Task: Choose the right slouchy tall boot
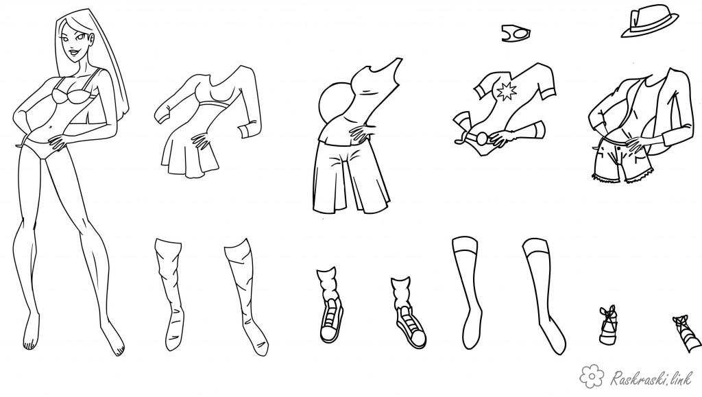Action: pyautogui.click(x=247, y=296)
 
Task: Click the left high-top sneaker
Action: pyautogui.click(x=330, y=306)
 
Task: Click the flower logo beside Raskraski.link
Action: pyautogui.click(x=592, y=375)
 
